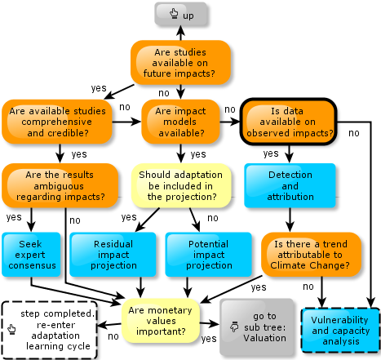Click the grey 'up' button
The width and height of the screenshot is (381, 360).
181,14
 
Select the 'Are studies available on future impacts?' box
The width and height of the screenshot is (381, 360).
180,63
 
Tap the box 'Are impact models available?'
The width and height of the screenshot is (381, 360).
180,122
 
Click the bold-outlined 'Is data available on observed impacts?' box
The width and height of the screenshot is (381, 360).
289,122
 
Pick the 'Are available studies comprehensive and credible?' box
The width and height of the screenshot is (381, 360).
57,122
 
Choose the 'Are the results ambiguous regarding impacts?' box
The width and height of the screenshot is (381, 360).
60,185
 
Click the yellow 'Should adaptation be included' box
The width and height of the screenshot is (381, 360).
181,185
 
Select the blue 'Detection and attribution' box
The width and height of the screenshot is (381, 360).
290,185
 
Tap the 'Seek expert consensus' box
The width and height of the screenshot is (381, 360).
31,255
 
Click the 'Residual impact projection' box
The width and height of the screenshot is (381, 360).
113,255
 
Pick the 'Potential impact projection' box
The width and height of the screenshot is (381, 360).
209,255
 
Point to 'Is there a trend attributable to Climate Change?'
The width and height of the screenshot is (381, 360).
311,255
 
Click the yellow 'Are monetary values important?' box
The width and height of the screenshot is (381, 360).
161,321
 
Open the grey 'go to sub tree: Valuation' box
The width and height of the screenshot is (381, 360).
257,327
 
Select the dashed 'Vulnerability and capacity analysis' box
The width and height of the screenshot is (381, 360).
340,331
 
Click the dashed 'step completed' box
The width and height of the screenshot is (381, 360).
50,330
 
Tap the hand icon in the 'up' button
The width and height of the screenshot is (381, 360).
174,13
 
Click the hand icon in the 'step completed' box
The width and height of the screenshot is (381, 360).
11,329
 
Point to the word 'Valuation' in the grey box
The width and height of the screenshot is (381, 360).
264,338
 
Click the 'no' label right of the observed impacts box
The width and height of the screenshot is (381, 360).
354,133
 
